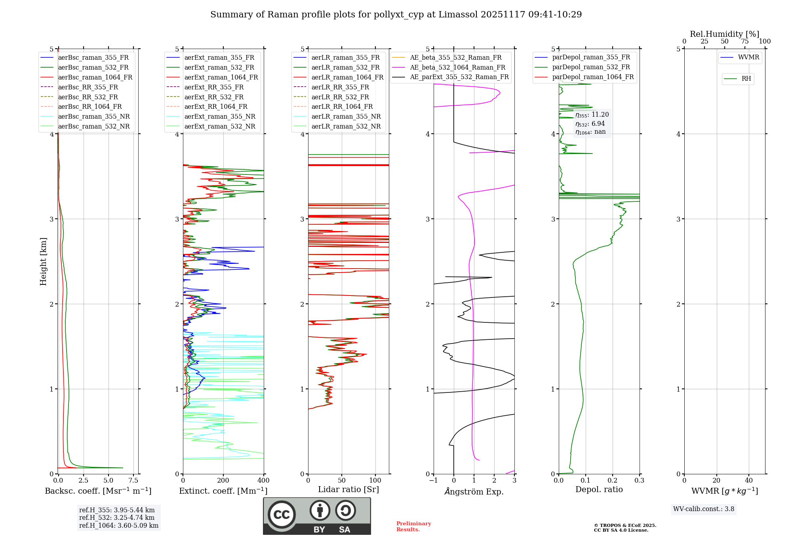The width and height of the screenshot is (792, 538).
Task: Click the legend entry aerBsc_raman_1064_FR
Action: [x=95, y=78]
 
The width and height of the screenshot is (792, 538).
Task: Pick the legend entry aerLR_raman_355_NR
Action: [x=346, y=117]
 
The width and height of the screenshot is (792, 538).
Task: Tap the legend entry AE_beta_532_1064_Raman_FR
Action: [x=457, y=68]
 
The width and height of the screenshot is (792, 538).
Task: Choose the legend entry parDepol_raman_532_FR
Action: [x=591, y=67]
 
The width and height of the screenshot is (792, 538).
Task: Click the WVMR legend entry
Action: [x=748, y=57]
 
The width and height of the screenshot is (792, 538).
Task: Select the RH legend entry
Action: [x=746, y=79]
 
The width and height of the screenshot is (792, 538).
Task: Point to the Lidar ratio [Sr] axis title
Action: [x=348, y=489]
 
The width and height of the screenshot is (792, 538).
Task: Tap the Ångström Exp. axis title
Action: [x=474, y=491]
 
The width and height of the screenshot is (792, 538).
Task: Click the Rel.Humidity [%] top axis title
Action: [x=724, y=34]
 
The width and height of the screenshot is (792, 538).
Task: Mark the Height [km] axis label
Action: [x=43, y=261]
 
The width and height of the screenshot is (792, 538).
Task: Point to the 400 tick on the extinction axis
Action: [x=263, y=481]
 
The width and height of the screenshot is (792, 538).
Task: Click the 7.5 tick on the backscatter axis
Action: [x=133, y=481]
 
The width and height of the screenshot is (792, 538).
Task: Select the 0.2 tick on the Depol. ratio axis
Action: [x=613, y=481]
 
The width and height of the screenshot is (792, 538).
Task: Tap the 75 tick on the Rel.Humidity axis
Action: [x=744, y=42]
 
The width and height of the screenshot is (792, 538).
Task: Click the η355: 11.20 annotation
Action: [x=592, y=115]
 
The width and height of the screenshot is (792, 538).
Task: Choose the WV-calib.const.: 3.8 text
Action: [x=703, y=509]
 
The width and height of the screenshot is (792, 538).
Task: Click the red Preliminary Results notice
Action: [x=413, y=527]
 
